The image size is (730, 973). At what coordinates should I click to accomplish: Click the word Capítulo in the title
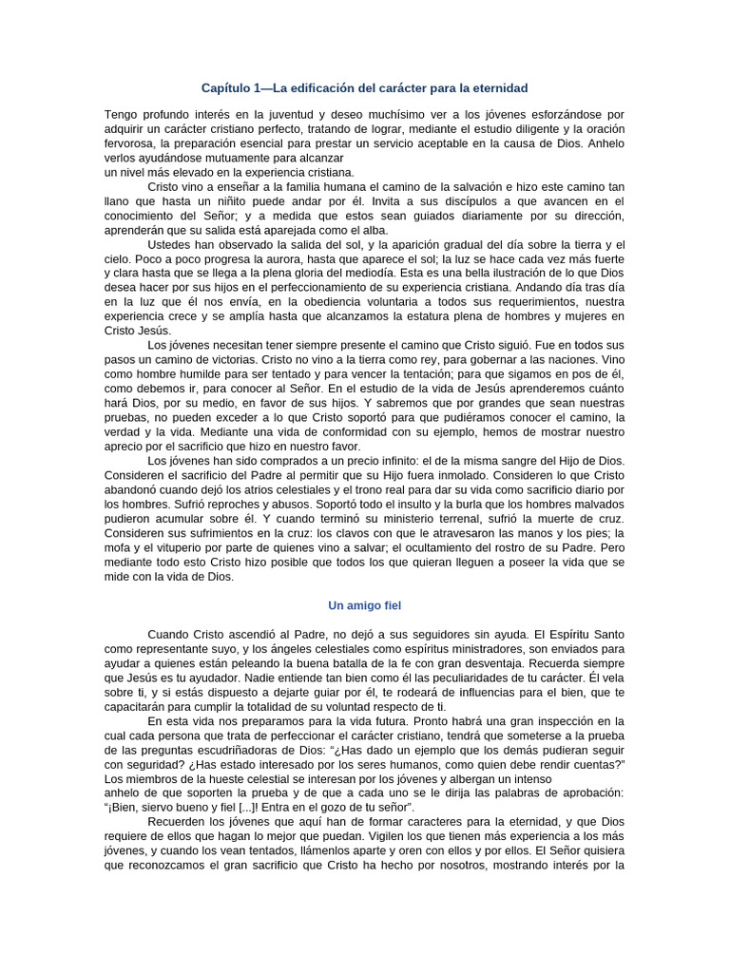tap(226, 88)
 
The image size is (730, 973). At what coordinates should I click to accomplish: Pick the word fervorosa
tap(130, 143)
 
